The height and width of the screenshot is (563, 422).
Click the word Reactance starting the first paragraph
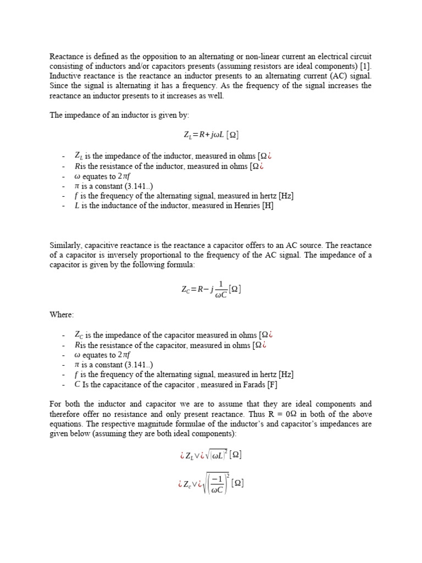point(67,57)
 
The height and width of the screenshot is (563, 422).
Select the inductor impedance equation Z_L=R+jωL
point(211,134)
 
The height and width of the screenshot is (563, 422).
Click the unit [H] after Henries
point(268,206)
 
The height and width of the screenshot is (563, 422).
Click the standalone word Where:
point(62,314)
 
